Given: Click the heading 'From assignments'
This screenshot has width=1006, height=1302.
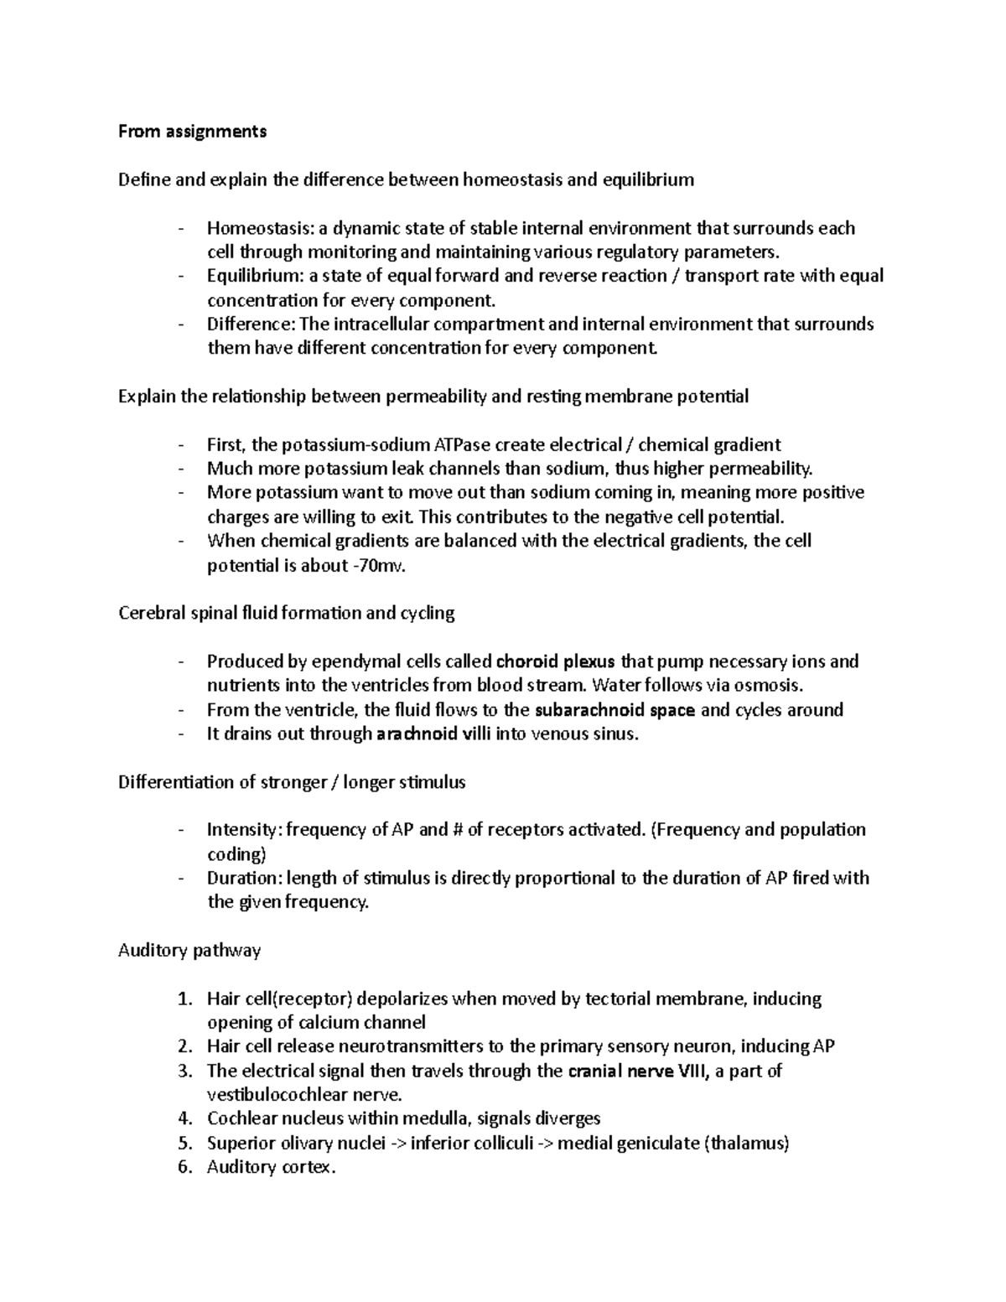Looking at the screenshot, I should point(192,131).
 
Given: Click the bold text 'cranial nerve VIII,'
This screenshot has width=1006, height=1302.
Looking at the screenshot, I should point(640,1071).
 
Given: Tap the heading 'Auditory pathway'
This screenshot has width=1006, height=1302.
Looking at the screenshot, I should point(189,951).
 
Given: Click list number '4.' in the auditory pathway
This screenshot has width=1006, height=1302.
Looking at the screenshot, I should point(185,1119).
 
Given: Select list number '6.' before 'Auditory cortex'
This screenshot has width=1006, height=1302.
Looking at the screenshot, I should point(185,1167).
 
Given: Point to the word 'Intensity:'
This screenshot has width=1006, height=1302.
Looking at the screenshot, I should point(244,830).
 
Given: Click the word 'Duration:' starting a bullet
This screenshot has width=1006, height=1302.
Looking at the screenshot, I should point(244,879).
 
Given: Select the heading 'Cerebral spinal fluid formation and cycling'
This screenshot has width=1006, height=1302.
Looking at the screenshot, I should point(286,613).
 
